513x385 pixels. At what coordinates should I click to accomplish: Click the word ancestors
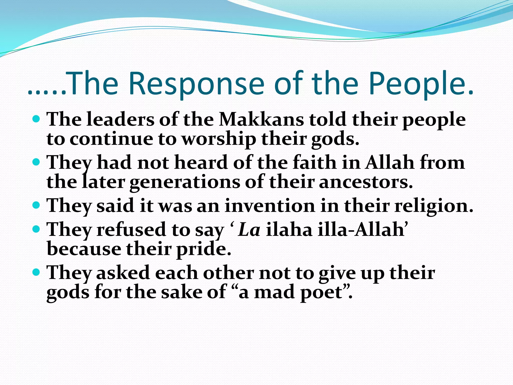(x=365, y=182)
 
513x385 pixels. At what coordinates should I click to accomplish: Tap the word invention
(x=269, y=206)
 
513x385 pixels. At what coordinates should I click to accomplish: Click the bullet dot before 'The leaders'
(x=37, y=119)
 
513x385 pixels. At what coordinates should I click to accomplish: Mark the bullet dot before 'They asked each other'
(x=37, y=272)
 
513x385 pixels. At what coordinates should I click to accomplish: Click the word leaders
(x=120, y=120)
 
